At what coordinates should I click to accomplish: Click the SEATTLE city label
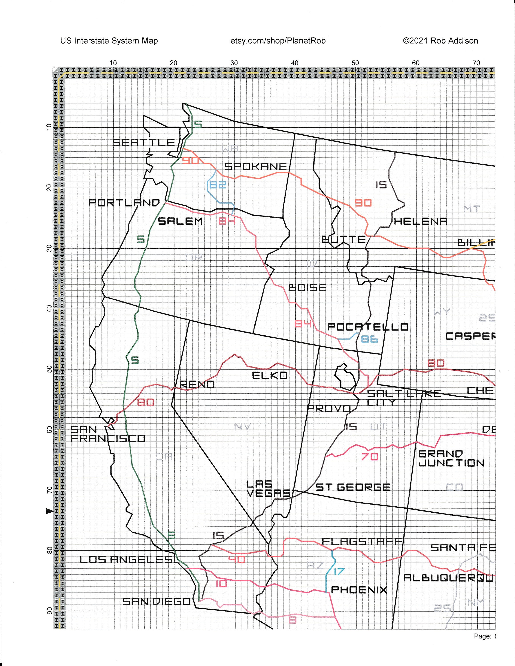(x=143, y=142)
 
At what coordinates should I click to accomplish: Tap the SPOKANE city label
(x=256, y=166)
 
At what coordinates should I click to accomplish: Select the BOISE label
(x=307, y=287)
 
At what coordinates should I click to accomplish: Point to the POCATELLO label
(x=368, y=327)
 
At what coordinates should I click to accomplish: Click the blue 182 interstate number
(x=217, y=185)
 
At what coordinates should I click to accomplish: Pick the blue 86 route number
(x=369, y=339)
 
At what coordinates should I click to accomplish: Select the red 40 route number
(x=237, y=560)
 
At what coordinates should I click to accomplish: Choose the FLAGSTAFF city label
(x=362, y=542)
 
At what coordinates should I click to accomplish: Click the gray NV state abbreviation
(x=243, y=426)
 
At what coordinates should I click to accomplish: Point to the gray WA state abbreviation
(x=230, y=149)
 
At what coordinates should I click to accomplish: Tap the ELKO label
(x=270, y=375)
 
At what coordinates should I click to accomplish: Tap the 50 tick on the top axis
(x=355, y=63)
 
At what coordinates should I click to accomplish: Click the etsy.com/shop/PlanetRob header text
(x=278, y=41)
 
